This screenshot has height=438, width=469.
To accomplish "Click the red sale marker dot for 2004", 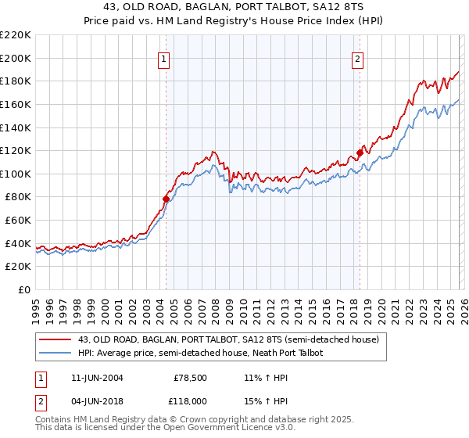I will [166, 199].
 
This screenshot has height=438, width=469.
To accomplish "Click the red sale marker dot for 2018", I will [360, 153].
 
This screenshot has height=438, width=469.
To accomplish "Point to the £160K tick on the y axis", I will [16, 104].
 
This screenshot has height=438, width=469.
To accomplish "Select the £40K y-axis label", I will [18, 243].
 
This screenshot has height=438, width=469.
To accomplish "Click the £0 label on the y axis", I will [23, 290].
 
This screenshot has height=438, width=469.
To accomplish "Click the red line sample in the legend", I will [55, 339].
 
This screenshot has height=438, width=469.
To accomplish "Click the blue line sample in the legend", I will [55, 353].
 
